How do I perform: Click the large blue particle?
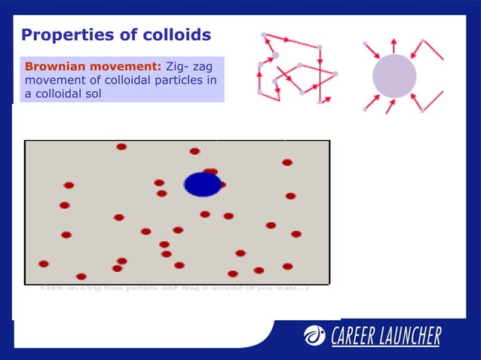tap(202, 185)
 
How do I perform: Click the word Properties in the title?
tap(62, 35)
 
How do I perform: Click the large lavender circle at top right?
tap(394, 76)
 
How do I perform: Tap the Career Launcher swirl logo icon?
tap(314, 336)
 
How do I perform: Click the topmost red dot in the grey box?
tap(121, 147)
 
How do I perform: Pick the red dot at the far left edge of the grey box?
tap(44, 264)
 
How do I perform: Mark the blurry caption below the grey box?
tap(174, 287)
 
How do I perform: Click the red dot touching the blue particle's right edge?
tap(222, 184)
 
